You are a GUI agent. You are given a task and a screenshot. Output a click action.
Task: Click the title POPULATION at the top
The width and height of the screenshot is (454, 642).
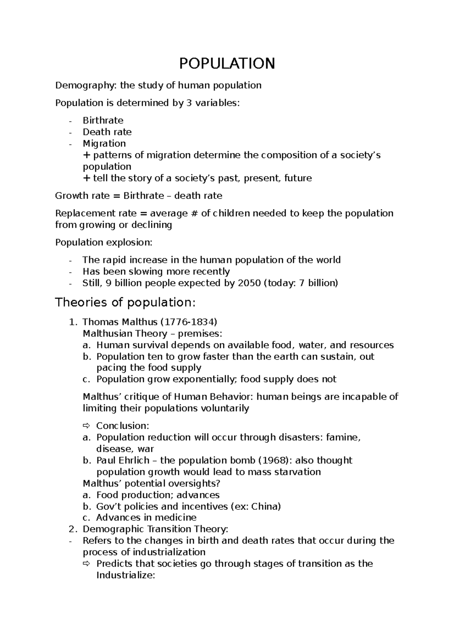tap(227, 64)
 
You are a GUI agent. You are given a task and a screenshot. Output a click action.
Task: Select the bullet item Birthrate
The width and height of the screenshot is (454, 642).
tap(103, 121)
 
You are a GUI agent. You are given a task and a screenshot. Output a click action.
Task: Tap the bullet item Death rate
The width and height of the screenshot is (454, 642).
tap(107, 132)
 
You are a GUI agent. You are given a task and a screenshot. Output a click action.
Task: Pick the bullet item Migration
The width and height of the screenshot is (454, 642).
tap(104, 144)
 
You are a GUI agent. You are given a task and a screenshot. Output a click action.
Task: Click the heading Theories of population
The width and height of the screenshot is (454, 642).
tap(126, 303)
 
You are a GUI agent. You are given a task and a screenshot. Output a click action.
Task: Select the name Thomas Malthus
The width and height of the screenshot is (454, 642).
tap(120, 322)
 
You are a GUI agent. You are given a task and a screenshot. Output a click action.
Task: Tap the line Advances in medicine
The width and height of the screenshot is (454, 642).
tap(146, 518)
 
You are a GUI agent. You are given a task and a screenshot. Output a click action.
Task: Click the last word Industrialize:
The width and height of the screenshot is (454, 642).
tap(126, 575)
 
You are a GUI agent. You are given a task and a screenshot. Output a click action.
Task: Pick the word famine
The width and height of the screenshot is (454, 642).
tap(343, 437)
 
